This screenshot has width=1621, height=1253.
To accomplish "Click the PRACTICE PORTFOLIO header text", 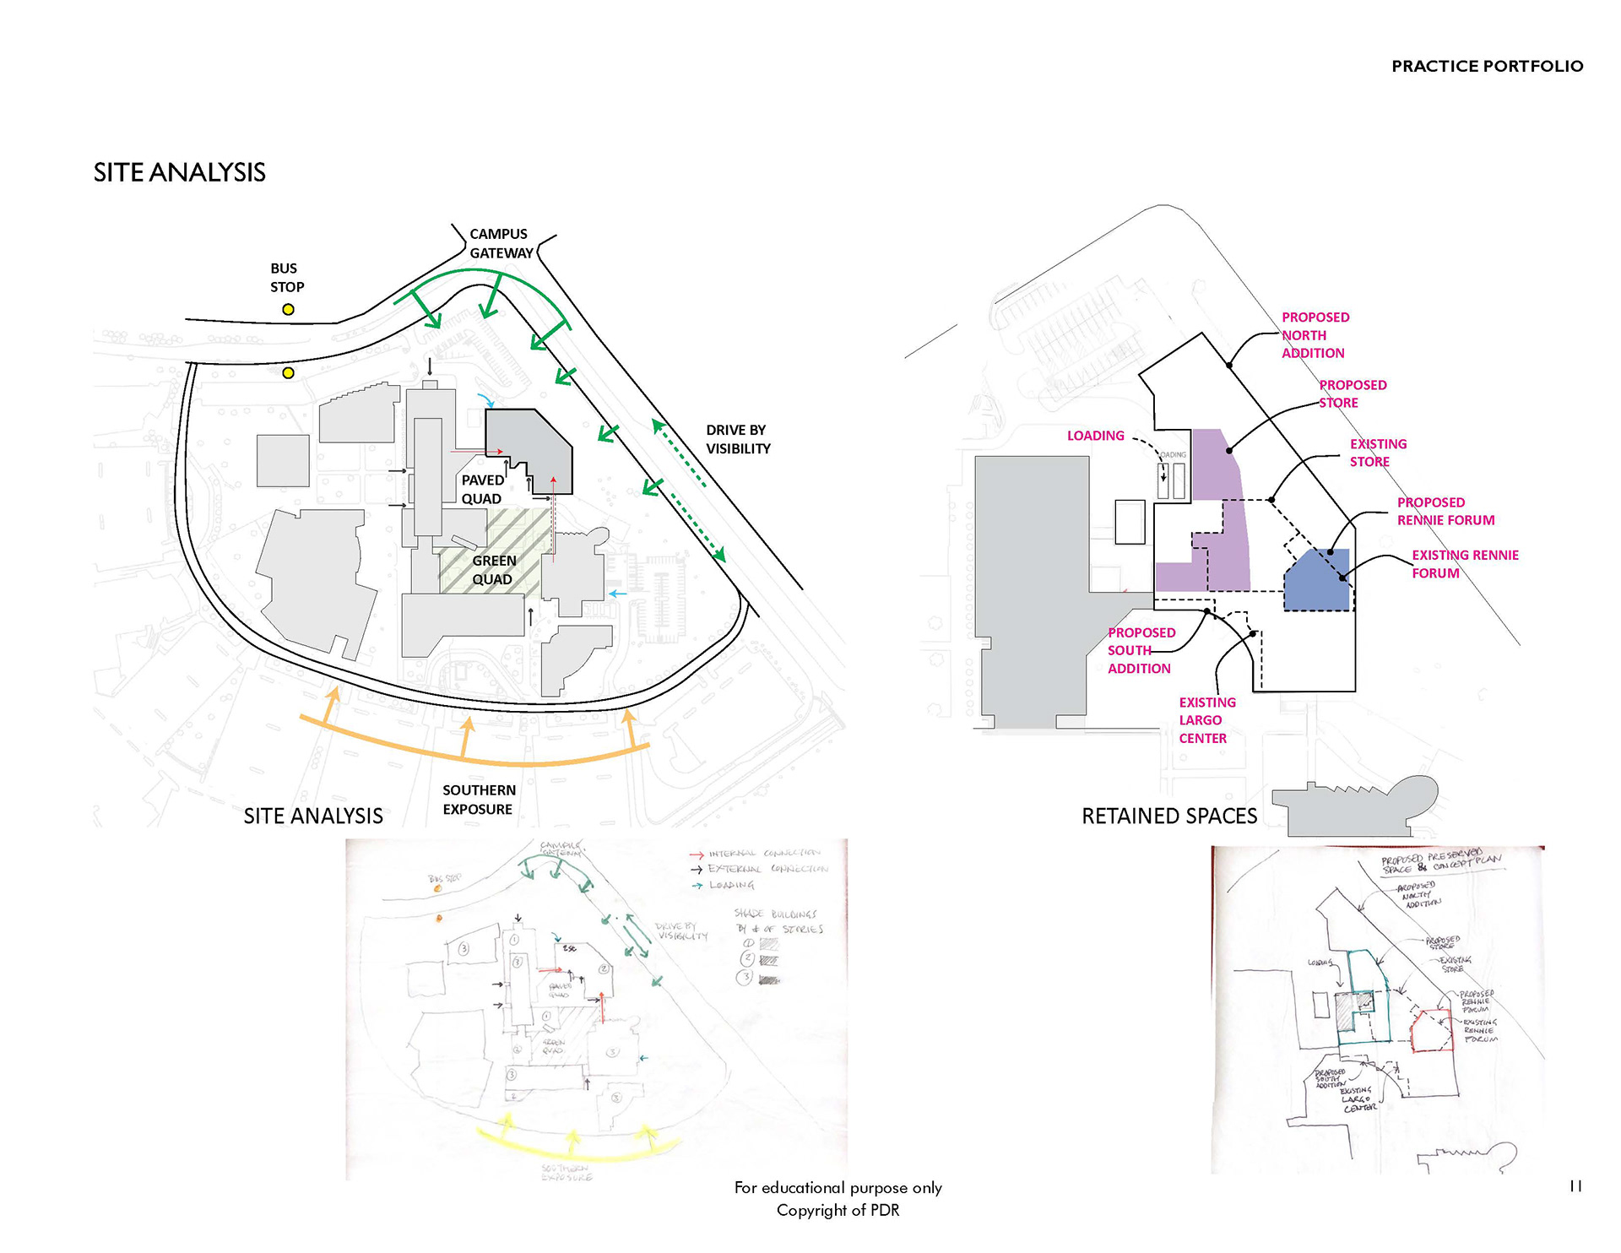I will [1487, 66].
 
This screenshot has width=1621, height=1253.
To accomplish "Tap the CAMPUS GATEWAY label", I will [501, 243].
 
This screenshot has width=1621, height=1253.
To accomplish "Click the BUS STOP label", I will [286, 278].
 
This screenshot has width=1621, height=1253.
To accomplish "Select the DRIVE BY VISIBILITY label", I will [738, 439].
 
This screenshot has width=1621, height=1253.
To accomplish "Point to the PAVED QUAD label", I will [482, 490].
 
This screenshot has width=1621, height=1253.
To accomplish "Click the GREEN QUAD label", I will [493, 570].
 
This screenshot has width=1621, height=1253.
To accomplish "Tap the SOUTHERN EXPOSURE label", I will [479, 800].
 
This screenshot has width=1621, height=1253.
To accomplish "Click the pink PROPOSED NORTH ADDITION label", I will [1315, 335].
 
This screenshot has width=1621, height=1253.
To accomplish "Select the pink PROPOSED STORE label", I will [1353, 393].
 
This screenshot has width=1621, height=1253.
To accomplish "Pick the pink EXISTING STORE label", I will [1378, 453].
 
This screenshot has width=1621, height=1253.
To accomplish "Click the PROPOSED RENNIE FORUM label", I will [1445, 511].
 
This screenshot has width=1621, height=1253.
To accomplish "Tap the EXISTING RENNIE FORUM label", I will [1465, 564].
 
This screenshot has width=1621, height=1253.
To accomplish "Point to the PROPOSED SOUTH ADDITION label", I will [1141, 650].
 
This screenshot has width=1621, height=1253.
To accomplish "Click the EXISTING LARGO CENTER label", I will [1206, 720].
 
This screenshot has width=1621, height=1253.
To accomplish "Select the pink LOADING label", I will [1095, 436].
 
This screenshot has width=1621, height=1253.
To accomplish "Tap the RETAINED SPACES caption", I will [1169, 816].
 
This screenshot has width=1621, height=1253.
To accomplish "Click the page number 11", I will [1575, 1186].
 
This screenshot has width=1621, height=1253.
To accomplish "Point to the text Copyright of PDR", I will [838, 1210].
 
